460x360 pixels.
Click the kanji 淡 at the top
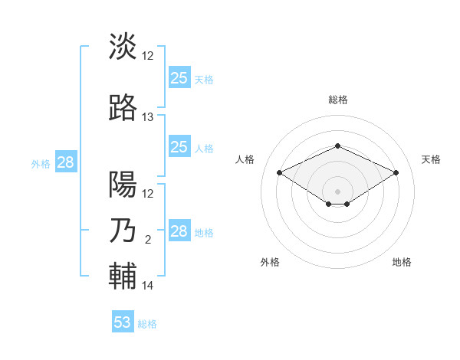tap(123, 47)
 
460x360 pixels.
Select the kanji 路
tap(123, 109)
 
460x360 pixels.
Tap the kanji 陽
tap(123, 185)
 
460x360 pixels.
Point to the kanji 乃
tap(123, 231)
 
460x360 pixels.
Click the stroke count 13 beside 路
tap(148, 117)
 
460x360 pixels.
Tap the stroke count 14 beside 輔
tap(148, 286)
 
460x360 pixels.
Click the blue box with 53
tap(123, 322)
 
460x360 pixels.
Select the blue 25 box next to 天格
tap(179, 78)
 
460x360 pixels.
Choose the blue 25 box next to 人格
tap(179, 147)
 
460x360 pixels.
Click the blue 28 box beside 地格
tap(179, 231)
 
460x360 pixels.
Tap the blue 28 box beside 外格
tap(65, 162)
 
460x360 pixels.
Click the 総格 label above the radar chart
tap(338, 100)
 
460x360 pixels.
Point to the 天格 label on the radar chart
tap(431, 159)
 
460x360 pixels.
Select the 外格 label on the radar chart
tap(270, 262)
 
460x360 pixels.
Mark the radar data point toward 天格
tap(396, 172)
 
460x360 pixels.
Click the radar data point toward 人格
tap(280, 172)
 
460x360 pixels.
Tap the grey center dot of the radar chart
tap(337, 190)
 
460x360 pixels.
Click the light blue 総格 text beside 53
tap(148, 324)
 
